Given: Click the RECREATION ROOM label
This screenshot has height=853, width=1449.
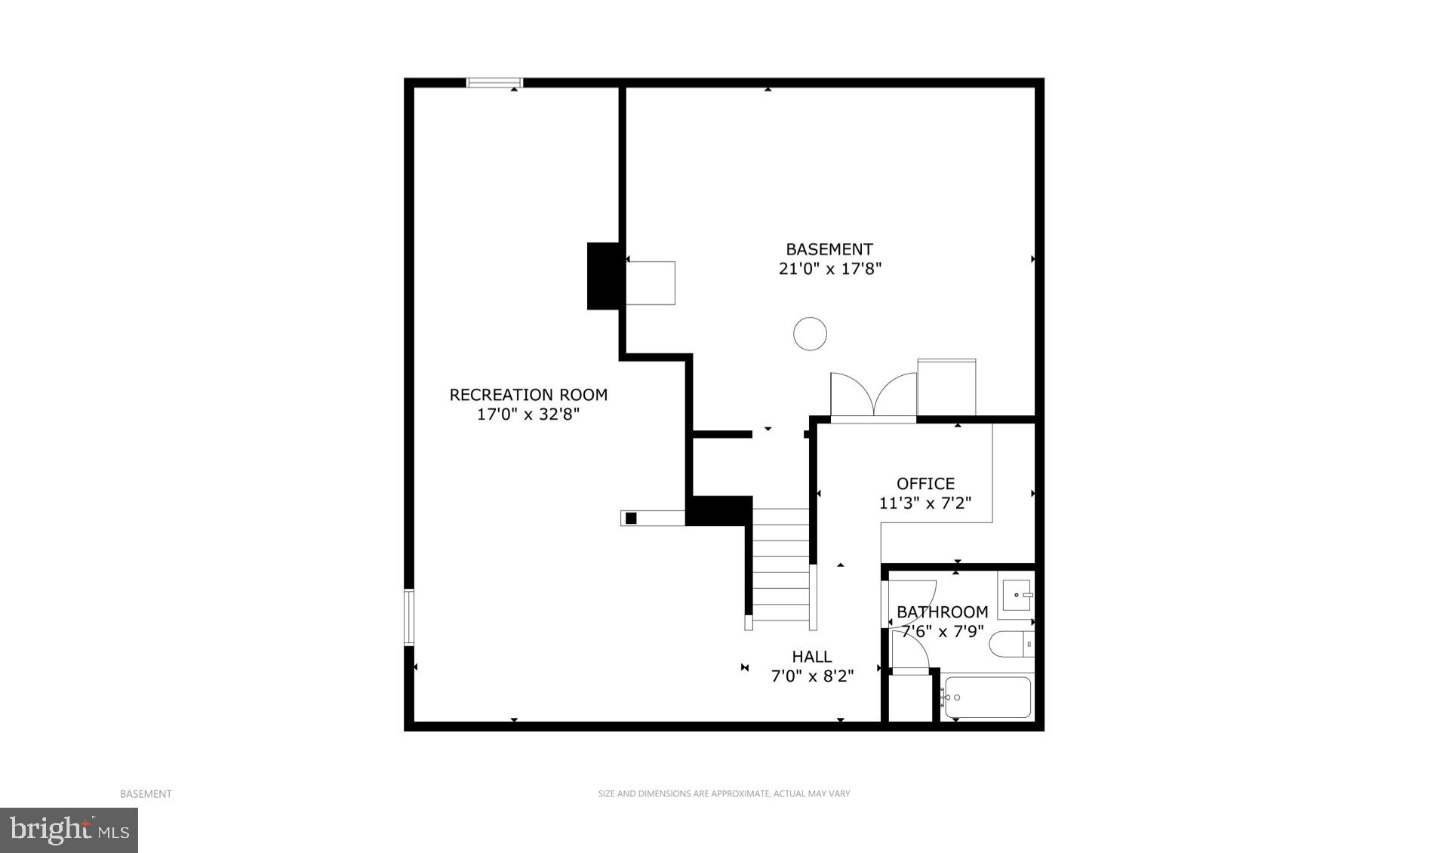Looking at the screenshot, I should coord(528,394).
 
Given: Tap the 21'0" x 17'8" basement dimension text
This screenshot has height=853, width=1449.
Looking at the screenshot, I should coord(830,269).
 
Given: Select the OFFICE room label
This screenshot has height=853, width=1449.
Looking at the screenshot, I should coord(925,483).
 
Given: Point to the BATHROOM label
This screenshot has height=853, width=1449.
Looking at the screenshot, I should coord(942,611).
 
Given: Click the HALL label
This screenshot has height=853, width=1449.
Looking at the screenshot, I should coord(812,657).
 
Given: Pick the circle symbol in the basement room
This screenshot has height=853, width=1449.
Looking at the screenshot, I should coord(811,334).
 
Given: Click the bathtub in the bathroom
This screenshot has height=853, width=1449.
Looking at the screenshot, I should coord(987,697).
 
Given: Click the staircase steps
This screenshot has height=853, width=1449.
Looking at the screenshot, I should coord(780,566).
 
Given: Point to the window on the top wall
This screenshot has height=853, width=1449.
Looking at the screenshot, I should coord(494,82).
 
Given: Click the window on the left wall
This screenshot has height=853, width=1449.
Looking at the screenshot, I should coord(409,617).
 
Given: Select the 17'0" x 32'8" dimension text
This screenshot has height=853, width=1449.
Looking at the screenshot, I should coord(528,414).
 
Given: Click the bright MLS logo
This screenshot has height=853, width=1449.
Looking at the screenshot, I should coord(69,830).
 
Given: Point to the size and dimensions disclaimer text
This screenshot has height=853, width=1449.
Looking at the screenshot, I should coord(724,793).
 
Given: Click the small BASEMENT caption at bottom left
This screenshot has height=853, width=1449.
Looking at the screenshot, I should coord(146,793).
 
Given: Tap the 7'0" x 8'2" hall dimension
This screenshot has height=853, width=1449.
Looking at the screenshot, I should coord(812,676).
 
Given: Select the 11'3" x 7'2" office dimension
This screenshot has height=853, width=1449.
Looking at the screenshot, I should coord(925,503).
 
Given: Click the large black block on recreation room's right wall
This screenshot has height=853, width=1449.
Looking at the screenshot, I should coord(603,276).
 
